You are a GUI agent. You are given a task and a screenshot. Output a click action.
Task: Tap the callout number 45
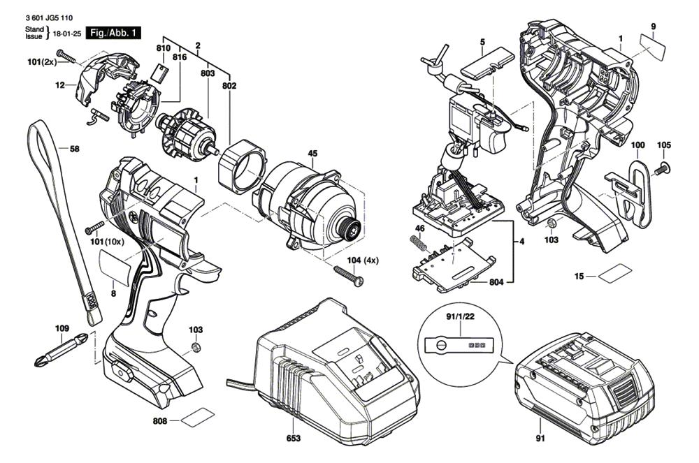[x=312, y=154]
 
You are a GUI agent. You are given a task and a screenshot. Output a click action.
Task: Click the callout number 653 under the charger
[x=294, y=439]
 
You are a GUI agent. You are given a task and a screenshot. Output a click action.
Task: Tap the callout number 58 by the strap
[x=74, y=148]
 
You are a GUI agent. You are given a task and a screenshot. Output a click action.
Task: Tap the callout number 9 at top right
[x=653, y=27]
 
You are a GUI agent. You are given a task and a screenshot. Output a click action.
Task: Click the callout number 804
[x=495, y=282]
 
